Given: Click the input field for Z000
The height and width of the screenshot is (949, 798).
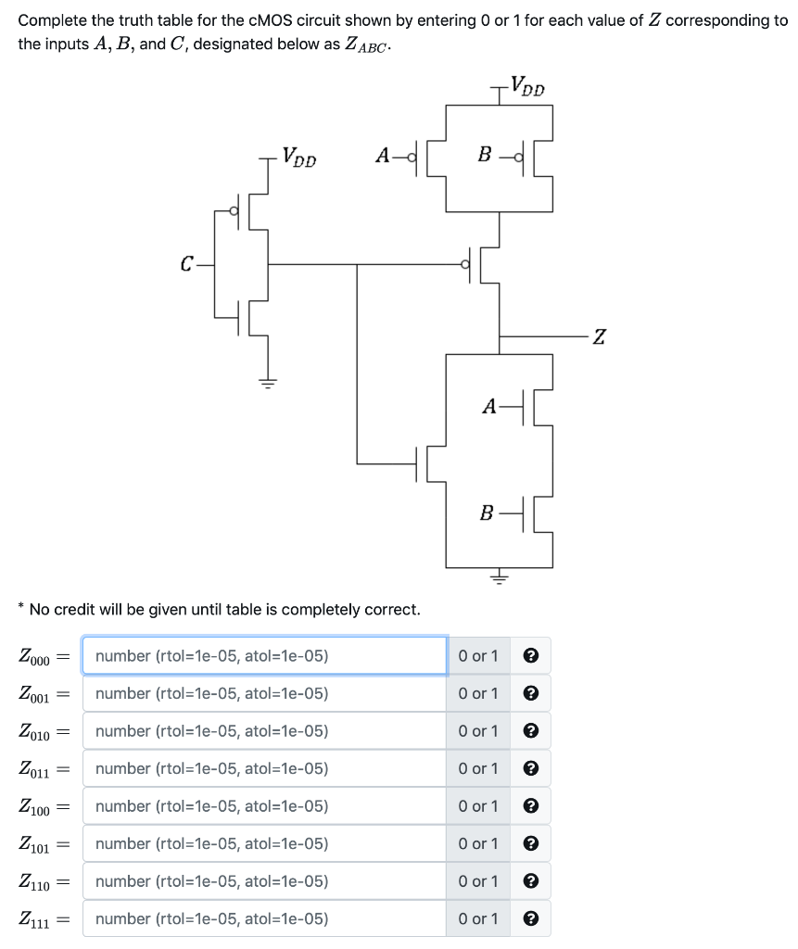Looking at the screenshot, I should point(264,656).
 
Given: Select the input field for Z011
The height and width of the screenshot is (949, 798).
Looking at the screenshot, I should point(264,768).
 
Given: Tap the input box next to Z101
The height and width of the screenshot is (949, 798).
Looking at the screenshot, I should point(264,843).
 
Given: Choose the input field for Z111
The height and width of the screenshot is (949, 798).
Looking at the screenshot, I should point(264,918).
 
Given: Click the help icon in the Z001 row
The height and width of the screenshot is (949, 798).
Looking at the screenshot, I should point(531,693).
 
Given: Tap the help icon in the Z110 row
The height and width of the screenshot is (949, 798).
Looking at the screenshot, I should point(531,881).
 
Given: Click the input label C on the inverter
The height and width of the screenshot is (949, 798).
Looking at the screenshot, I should point(187,264).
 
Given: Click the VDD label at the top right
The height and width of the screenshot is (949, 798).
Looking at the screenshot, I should point(527,88).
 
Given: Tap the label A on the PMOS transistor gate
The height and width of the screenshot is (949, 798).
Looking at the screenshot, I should point(383,156).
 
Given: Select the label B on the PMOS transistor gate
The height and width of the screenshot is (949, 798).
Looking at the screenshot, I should point(483,156).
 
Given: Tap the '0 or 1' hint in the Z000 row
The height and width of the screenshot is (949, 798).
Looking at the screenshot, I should point(478,656).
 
